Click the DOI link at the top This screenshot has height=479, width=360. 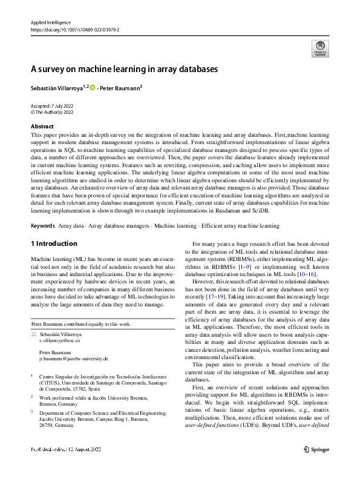point(74,28)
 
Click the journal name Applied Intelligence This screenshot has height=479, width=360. point(50,22)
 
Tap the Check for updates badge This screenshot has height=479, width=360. point(319,49)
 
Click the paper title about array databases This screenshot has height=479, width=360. point(124,70)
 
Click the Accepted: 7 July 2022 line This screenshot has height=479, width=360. point(51,106)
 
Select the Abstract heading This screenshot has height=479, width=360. point(42,126)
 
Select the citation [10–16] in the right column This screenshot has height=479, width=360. point(304,274)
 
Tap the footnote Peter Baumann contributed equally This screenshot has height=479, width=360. point(81,325)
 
